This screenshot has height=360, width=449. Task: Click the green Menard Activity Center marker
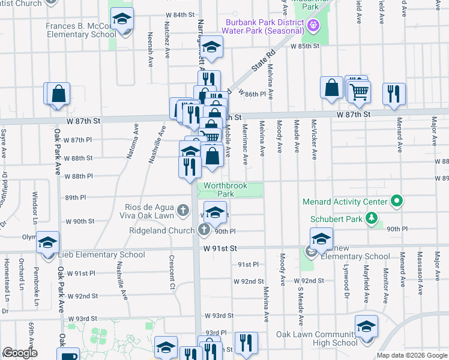[x=396, y=201]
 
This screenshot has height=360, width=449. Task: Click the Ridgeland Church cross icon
[x=204, y=230]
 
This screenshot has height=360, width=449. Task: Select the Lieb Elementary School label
[x=101, y=255]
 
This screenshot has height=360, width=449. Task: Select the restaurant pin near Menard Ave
[x=394, y=94]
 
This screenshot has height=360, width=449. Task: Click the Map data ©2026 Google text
[x=412, y=355]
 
